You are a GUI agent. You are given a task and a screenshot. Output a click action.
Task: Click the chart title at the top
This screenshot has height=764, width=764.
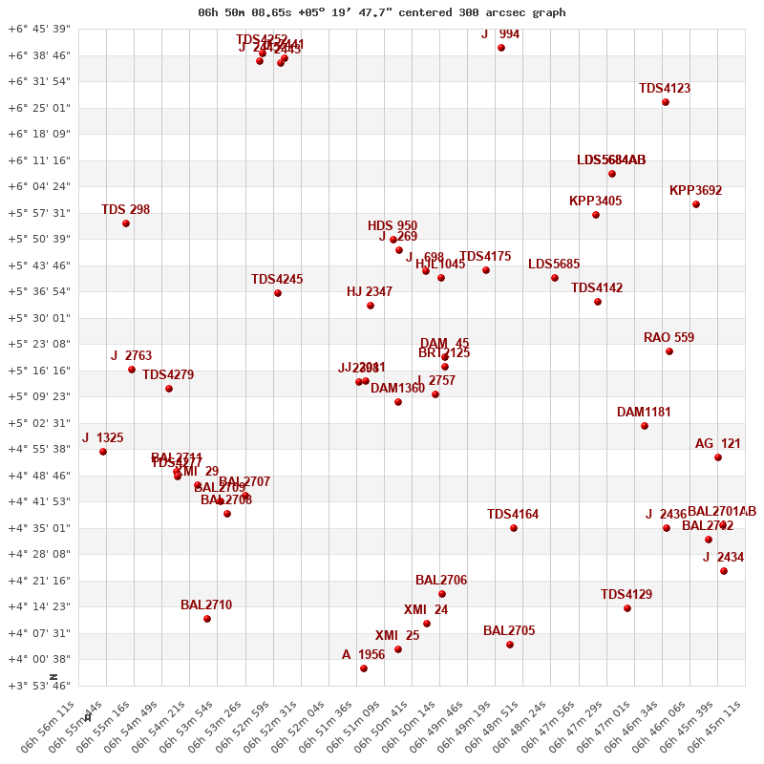[381, 12]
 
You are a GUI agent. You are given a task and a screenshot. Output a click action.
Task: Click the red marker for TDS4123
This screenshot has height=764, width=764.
[666, 102]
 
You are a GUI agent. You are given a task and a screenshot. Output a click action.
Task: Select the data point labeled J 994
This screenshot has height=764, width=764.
[501, 48]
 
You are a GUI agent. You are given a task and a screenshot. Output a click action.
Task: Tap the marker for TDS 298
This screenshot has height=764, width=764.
[126, 223]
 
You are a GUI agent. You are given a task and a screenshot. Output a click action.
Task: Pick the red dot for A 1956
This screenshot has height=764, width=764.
[364, 668]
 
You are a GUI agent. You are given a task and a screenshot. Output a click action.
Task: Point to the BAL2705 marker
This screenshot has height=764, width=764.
[510, 645]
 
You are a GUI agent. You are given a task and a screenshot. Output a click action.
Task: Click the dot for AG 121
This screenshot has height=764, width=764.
[718, 457]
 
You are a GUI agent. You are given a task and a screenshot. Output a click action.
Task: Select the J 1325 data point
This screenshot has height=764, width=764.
[103, 452]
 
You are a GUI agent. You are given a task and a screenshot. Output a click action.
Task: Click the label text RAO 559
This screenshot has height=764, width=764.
[668, 338]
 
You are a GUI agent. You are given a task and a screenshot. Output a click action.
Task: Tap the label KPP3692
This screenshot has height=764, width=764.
[695, 191]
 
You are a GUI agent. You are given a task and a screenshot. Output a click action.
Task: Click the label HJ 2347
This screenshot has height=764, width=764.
[370, 292]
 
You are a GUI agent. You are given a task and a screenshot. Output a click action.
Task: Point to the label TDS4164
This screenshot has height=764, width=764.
[513, 515]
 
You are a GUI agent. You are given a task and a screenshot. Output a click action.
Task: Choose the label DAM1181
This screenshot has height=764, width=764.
[644, 413]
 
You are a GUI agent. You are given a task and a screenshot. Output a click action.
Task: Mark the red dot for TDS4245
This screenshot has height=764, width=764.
[278, 293]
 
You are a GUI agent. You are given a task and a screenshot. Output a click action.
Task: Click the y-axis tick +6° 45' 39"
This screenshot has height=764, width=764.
[38, 29]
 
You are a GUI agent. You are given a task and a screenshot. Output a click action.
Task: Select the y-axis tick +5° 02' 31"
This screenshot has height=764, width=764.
[38, 423]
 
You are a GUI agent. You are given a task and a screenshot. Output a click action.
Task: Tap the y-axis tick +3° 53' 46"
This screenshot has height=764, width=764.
[38, 686]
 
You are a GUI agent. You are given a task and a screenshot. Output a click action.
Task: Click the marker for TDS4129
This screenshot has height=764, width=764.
[627, 608]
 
